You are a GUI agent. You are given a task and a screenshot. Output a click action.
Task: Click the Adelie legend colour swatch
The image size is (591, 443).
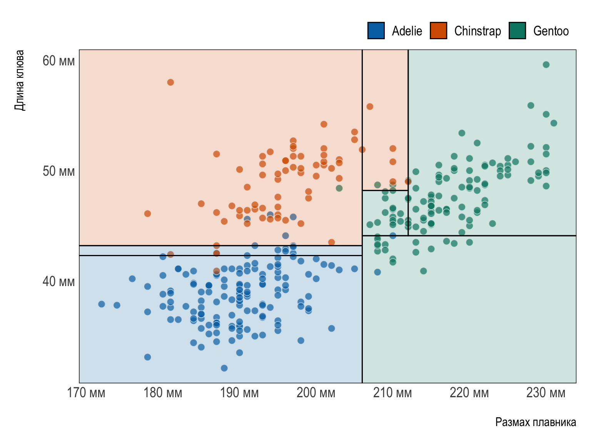pyautogui.click(x=376, y=31)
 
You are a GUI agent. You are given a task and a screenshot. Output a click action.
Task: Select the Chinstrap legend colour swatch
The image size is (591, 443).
pyautogui.click(x=439, y=31)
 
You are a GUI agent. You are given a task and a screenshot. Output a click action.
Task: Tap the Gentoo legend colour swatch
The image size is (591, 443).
pyautogui.click(x=517, y=31)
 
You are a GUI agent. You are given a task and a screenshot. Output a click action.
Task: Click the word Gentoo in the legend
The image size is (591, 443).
pyautogui.click(x=551, y=31)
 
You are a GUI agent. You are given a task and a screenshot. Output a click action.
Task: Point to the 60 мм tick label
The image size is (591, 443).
pyautogui.click(x=58, y=61)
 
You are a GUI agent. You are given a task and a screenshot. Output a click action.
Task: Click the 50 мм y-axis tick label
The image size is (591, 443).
pyautogui.click(x=58, y=171)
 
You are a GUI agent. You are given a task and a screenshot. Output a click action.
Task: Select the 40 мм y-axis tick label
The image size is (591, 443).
pyautogui.click(x=58, y=281)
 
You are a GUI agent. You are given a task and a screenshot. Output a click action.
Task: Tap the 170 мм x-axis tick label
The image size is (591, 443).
pyautogui.click(x=86, y=393)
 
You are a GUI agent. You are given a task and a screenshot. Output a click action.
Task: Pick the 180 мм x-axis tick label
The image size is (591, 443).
pyautogui.click(x=163, y=393)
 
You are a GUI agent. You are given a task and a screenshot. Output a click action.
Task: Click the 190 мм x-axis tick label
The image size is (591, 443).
pyautogui.click(x=239, y=393)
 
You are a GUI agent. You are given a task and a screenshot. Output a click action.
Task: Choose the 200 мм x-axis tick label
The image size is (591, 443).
pyautogui.click(x=316, y=393)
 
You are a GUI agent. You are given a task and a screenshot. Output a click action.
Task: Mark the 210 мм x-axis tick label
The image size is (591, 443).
pyautogui.click(x=392, y=393)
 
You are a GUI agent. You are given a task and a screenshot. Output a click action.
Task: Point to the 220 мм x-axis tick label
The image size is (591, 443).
pyautogui.click(x=469, y=393)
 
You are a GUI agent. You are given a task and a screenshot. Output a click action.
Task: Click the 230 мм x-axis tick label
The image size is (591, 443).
pyautogui.click(x=546, y=393)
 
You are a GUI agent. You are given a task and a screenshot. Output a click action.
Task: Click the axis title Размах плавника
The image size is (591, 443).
pyautogui.click(x=536, y=422)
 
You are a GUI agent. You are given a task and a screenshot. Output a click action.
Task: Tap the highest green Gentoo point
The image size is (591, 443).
pyautogui.click(x=546, y=65)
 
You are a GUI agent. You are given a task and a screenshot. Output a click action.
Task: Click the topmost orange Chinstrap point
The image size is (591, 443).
pyautogui.click(x=170, y=82)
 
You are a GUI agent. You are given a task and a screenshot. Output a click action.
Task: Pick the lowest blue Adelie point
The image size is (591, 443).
pyautogui.click(x=224, y=368)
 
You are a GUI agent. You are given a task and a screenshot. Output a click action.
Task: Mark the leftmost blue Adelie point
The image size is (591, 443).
pyautogui.click(x=102, y=304)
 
